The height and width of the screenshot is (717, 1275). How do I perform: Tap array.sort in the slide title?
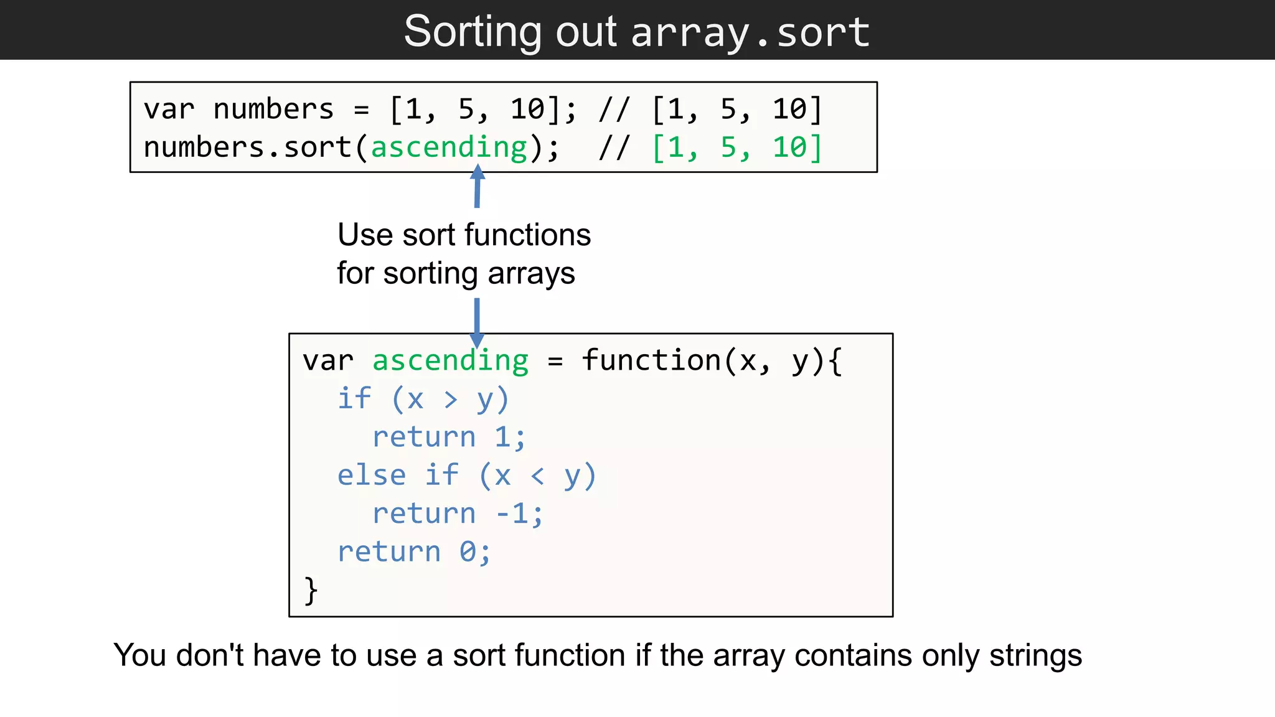(750, 32)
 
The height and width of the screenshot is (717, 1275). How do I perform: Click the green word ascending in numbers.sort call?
(449, 148)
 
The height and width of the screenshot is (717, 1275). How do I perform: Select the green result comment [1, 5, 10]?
(737, 148)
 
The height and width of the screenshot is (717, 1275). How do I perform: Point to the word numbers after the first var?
(273, 109)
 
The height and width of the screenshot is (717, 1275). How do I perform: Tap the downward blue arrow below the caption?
(477, 324)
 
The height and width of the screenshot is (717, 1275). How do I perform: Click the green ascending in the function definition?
(450, 361)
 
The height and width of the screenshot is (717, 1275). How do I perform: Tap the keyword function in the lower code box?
(651, 361)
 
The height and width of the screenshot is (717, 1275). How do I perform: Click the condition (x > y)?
(451, 399)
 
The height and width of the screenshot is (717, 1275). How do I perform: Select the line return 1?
(449, 437)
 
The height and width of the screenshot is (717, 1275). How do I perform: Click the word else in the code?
(372, 476)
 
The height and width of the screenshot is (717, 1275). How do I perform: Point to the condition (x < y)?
(538, 476)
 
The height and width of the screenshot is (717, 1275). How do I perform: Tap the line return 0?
(414, 552)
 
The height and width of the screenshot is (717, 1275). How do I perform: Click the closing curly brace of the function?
(311, 590)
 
